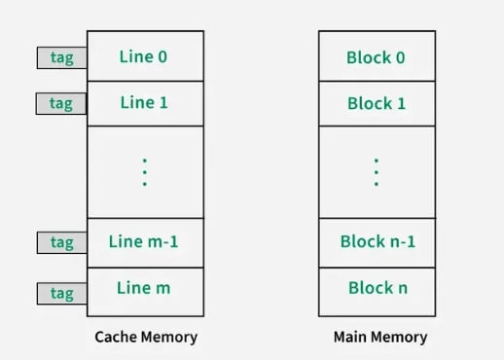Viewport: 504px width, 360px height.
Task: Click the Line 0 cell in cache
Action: pyautogui.click(x=145, y=56)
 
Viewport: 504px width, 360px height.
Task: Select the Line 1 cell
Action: pyautogui.click(x=145, y=102)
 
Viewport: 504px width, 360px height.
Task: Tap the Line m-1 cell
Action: pyautogui.click(x=145, y=242)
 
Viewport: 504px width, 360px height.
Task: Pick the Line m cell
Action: pyautogui.click(x=145, y=290)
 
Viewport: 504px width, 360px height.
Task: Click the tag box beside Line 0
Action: pyautogui.click(x=61, y=57)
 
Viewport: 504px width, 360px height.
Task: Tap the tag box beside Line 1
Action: pyautogui.click(x=61, y=103)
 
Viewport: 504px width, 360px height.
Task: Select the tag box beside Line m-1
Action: pyautogui.click(x=61, y=242)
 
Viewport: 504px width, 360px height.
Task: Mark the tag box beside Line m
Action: pyautogui.click(x=61, y=293)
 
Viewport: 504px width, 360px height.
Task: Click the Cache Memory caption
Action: pyautogui.click(x=146, y=338)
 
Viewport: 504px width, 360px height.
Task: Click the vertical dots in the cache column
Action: pyautogui.click(x=145, y=171)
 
